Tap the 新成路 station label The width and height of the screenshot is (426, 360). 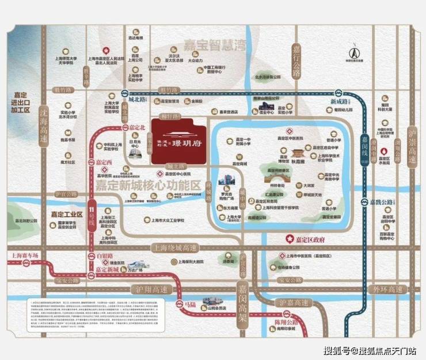(x=340, y=102)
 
